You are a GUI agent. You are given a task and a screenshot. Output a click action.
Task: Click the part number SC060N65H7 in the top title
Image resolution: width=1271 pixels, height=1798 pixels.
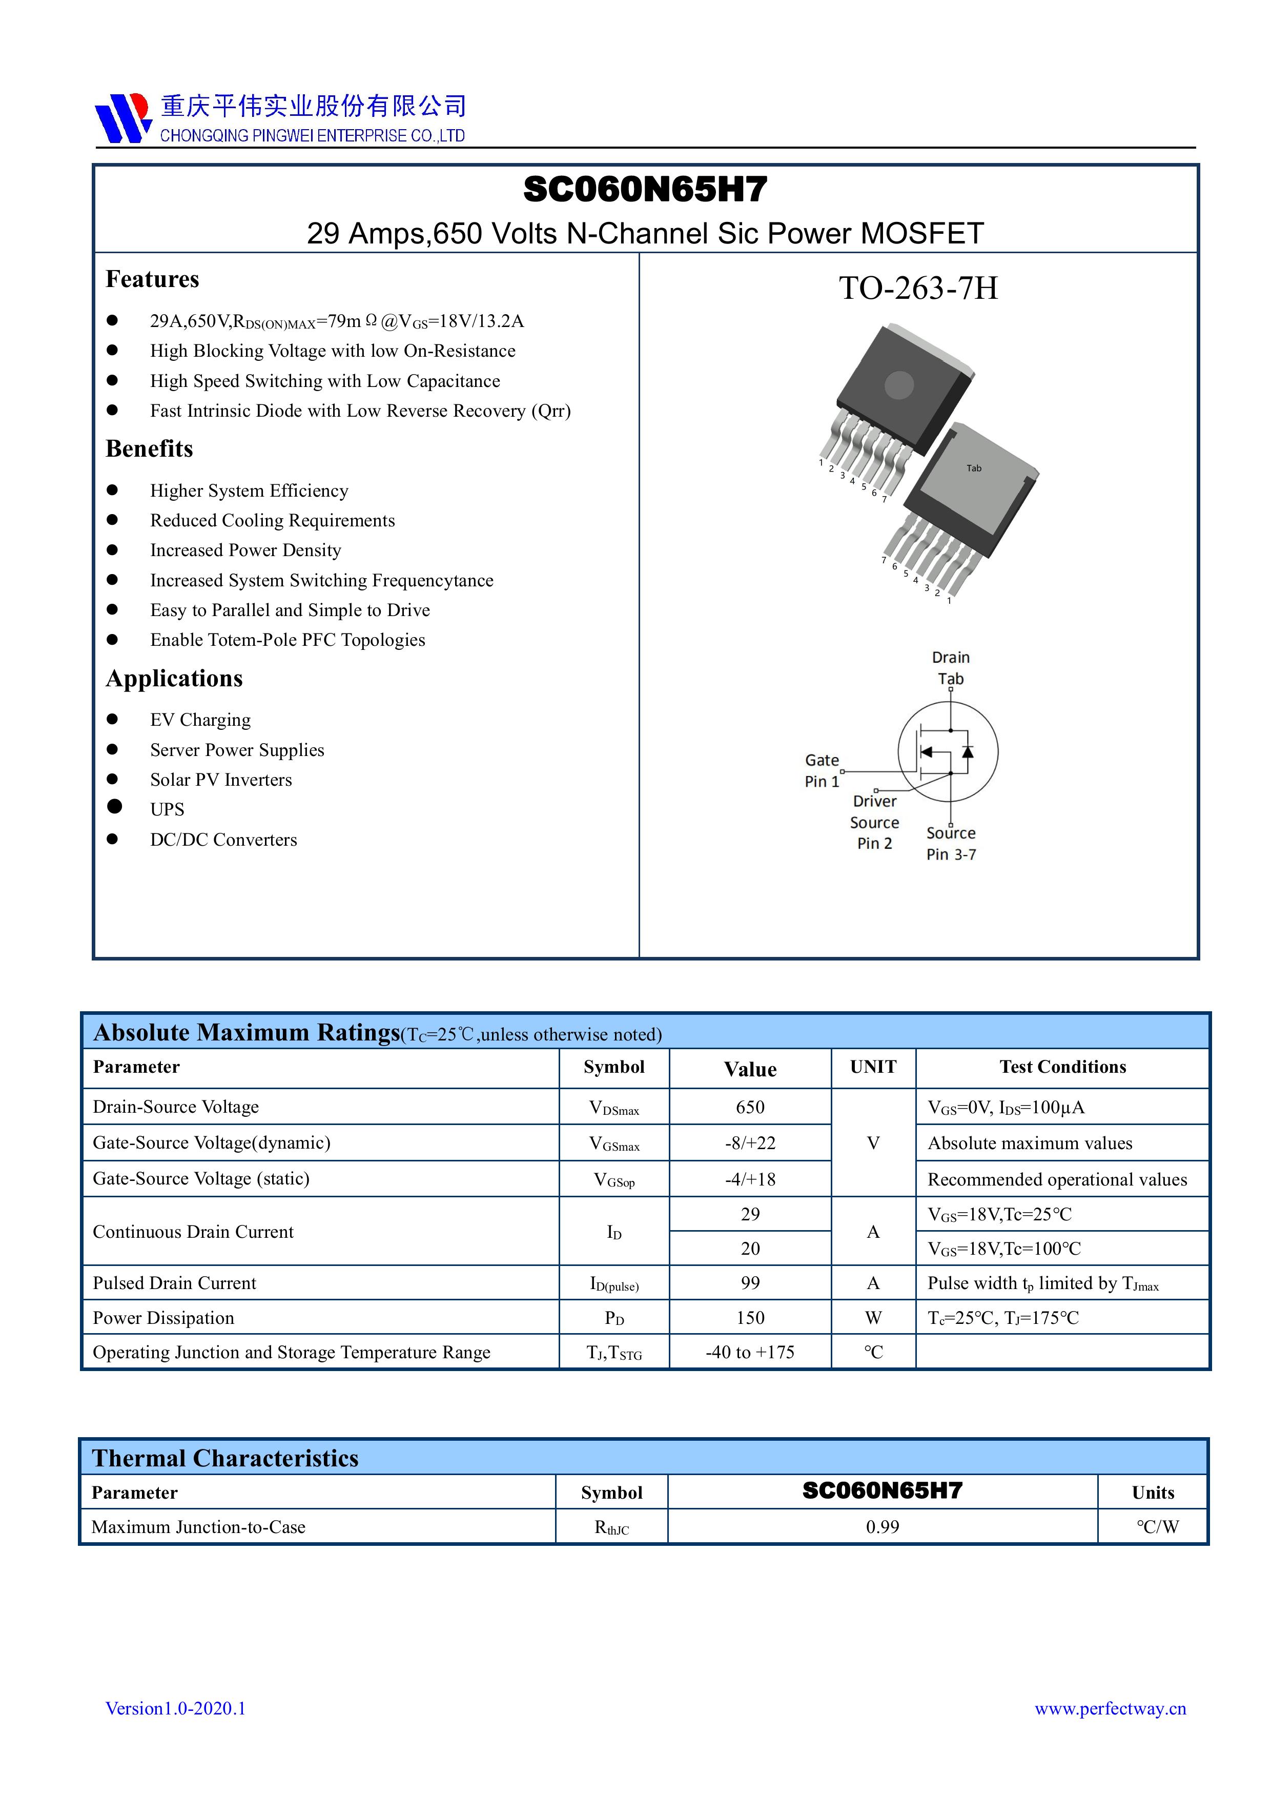pyautogui.click(x=645, y=190)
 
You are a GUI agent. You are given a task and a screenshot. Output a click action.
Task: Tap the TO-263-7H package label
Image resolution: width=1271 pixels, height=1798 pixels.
pyautogui.click(x=918, y=288)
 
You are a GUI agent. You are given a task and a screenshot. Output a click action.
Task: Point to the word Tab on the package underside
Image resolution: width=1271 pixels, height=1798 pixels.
pyautogui.click(x=973, y=468)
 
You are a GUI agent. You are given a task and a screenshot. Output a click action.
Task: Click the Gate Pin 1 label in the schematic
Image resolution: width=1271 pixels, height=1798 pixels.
pyautogui.click(x=822, y=770)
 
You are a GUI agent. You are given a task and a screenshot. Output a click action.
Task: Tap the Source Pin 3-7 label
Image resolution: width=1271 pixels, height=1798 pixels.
pyautogui.click(x=951, y=844)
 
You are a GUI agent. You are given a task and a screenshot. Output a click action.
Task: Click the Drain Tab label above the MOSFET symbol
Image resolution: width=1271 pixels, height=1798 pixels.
pyautogui.click(x=951, y=668)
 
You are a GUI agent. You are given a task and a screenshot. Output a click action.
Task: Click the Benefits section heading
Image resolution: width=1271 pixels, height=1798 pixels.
pyautogui.click(x=149, y=448)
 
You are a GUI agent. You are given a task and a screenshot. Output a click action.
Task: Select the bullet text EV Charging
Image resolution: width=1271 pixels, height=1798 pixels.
pyautogui.click(x=200, y=720)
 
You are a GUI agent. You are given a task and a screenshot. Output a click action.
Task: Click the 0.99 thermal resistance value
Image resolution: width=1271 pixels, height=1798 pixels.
pyautogui.click(x=882, y=1526)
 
